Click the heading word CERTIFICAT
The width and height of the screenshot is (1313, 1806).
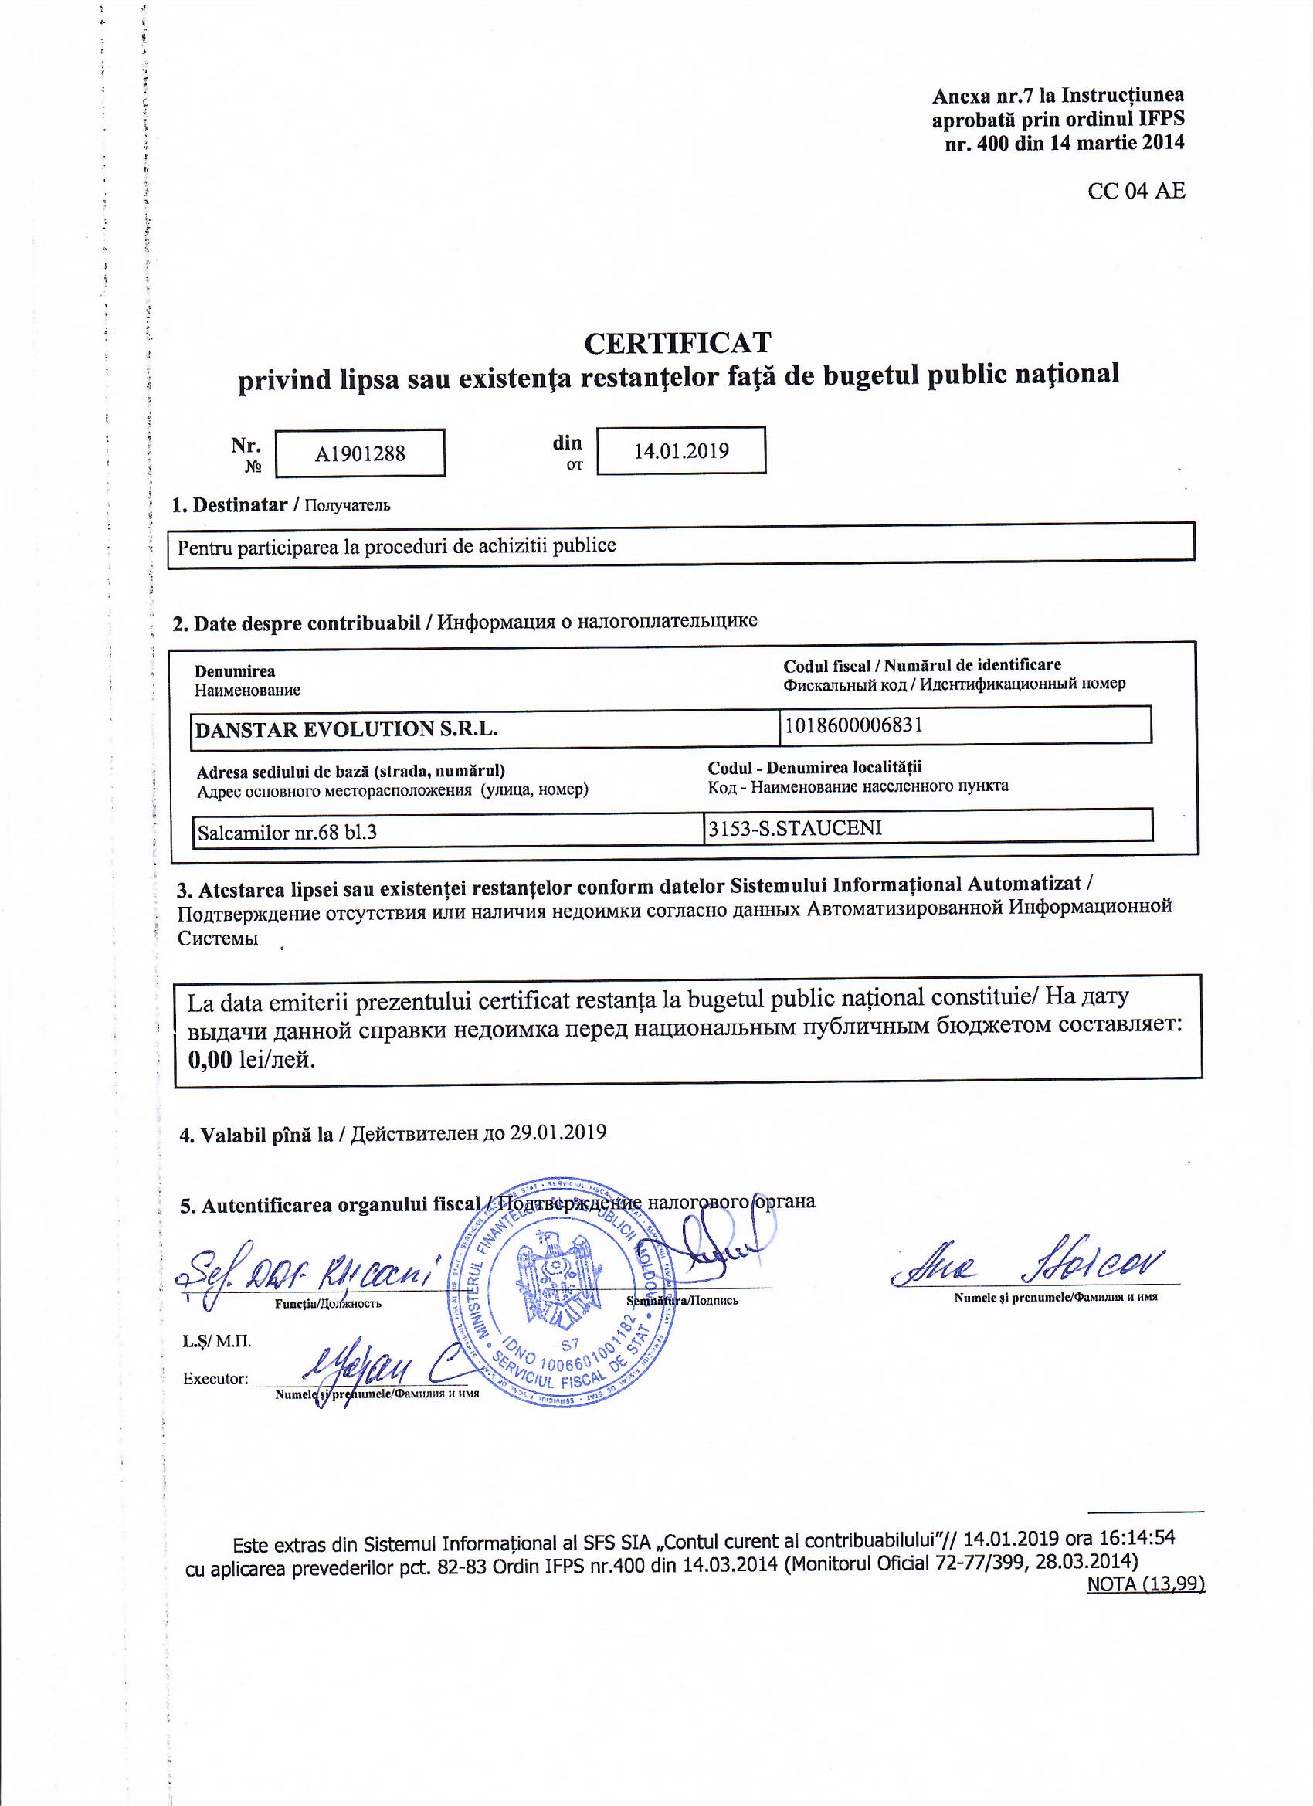click(677, 343)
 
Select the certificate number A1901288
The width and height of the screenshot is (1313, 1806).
click(360, 454)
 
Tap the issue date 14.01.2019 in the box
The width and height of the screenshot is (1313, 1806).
click(680, 451)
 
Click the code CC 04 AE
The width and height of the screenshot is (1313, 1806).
click(1136, 191)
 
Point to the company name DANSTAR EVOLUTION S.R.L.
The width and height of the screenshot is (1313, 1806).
click(346, 729)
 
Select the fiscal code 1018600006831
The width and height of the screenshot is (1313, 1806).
click(853, 725)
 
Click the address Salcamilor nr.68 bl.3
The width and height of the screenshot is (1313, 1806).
click(287, 833)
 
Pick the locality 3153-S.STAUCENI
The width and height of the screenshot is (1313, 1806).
click(795, 828)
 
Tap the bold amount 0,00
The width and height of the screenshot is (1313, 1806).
click(209, 1060)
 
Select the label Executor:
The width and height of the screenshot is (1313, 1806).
click(215, 1379)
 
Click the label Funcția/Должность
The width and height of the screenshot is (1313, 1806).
click(328, 1305)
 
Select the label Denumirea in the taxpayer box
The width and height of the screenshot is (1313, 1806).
click(235, 671)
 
